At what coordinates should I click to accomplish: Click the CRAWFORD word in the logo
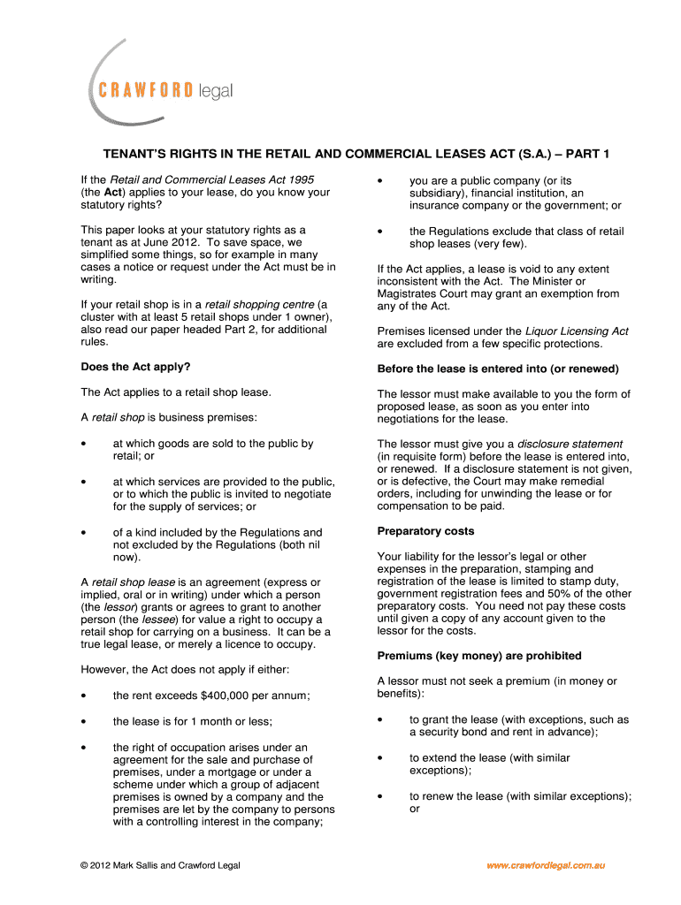146,90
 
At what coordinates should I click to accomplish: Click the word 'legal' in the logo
215,90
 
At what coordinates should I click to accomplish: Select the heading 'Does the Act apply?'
135,366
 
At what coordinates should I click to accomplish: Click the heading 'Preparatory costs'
425,531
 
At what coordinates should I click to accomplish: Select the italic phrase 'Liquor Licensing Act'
577,331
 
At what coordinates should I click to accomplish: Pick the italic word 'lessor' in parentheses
118,608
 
